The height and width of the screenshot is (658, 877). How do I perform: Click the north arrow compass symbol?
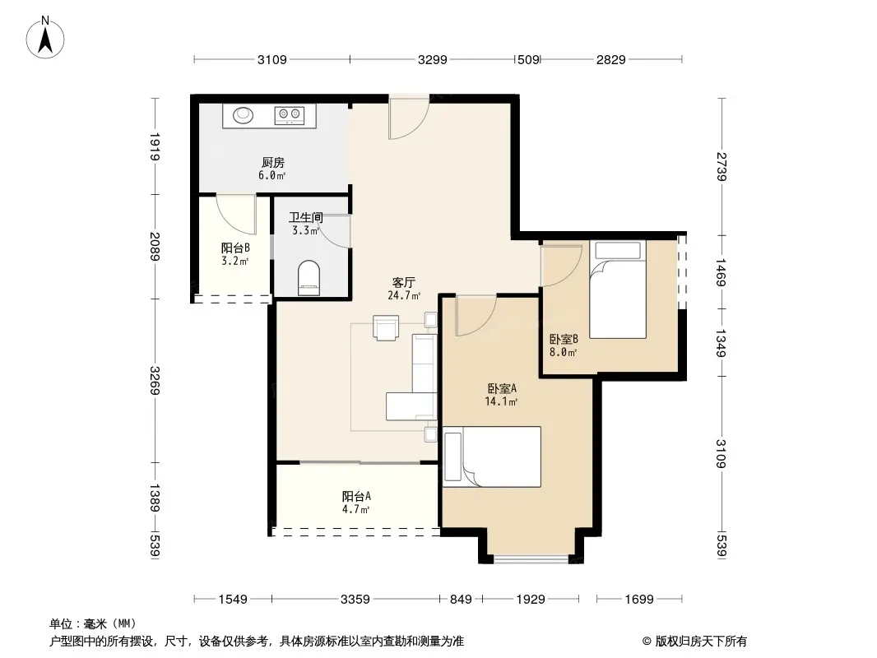[x=45, y=38]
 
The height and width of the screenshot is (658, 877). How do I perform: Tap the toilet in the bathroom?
[x=309, y=278]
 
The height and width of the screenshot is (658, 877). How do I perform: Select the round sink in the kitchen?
[x=244, y=115]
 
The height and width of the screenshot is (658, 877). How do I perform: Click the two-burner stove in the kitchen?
[x=289, y=115]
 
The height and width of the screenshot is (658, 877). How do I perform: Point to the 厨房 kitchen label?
[x=273, y=163]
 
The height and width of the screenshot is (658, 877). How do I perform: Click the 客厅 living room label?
[x=403, y=282]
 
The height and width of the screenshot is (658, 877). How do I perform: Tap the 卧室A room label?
[x=502, y=388]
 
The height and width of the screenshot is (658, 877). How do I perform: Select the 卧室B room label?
[x=564, y=339]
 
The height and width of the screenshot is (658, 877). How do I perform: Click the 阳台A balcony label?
[x=356, y=496]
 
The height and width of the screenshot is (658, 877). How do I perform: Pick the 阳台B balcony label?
[x=235, y=248]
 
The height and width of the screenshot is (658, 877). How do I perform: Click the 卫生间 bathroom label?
[x=306, y=217]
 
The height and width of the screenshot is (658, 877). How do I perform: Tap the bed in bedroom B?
[x=618, y=290]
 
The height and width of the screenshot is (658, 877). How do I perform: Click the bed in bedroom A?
[x=492, y=456]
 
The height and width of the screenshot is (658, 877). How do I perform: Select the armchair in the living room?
[x=386, y=327]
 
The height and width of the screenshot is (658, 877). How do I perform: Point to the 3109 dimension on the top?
[x=271, y=59]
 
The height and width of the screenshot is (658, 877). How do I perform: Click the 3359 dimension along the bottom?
[x=355, y=600]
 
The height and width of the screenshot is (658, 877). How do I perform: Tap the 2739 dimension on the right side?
[x=722, y=167]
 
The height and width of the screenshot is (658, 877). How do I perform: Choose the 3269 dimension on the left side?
[x=155, y=380]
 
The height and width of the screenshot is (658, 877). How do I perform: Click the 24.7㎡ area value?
[x=404, y=295]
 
